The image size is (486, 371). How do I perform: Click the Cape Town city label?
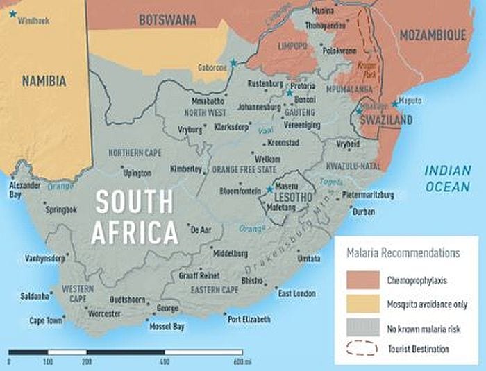(x=46, y=320)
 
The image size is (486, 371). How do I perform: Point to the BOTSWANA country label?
(x=167, y=20)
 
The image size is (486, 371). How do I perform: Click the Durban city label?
(x=363, y=212)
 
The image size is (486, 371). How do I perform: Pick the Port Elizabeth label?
(x=248, y=319)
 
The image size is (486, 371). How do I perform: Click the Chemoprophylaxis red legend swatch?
(x=361, y=280)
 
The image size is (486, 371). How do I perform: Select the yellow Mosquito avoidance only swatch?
(x=361, y=303)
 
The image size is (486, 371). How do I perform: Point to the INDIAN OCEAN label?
(x=448, y=178)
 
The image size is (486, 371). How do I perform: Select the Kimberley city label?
(x=185, y=169)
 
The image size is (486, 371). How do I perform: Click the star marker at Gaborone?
(x=234, y=63)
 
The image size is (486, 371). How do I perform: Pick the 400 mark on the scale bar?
(x=164, y=361)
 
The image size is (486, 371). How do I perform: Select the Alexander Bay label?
(x=24, y=190)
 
